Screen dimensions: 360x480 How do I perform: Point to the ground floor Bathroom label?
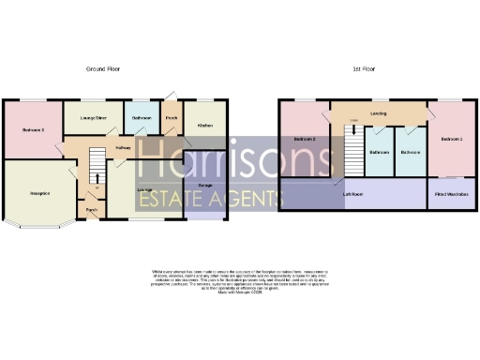click(x=142, y=119)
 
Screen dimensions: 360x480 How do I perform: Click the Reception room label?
click(x=39, y=193)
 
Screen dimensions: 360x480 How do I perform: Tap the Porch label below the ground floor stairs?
click(x=92, y=209)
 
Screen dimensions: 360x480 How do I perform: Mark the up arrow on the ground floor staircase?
click(x=96, y=176)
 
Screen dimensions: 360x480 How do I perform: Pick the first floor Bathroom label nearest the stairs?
click(x=379, y=152)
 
